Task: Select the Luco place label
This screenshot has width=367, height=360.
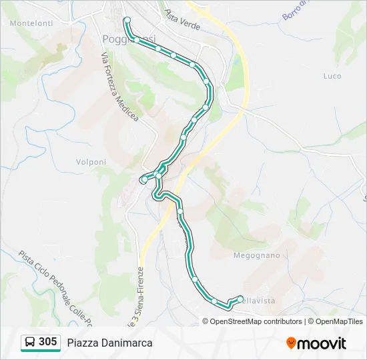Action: click(x=332, y=76)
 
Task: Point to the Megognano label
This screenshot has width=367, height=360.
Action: click(x=256, y=255)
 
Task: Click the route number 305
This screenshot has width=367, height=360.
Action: click(x=47, y=342)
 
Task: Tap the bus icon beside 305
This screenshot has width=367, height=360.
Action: click(x=30, y=343)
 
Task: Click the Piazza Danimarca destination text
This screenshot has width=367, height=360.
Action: click(x=109, y=343)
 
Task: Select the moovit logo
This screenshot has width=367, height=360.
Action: click(x=316, y=343)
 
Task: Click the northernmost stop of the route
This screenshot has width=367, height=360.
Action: click(x=127, y=19)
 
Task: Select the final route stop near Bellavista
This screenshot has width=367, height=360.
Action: click(x=240, y=298)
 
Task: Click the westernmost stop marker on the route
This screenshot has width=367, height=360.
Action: click(x=144, y=179)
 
